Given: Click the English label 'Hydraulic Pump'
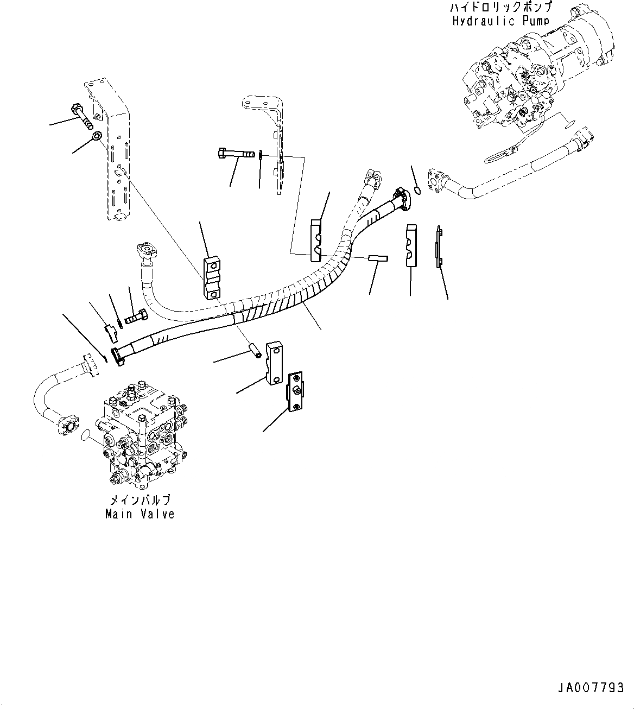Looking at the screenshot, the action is tap(500, 21).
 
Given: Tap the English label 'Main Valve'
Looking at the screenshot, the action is tap(140, 514).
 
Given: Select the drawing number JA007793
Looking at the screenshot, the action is tap(591, 688).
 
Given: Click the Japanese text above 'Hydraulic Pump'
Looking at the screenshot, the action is tap(500, 7).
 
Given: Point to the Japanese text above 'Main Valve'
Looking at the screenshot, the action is tap(140, 499).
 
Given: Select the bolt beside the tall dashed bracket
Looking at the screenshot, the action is tap(82, 115).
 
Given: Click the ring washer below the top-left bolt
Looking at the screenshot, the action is tap(97, 135).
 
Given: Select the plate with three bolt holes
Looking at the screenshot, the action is tap(295, 391).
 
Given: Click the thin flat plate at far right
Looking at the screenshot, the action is tap(439, 246).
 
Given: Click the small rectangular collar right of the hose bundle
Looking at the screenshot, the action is tap(378, 258).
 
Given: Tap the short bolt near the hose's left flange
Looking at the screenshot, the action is tap(136, 316).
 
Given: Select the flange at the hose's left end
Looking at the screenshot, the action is tap(118, 357).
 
